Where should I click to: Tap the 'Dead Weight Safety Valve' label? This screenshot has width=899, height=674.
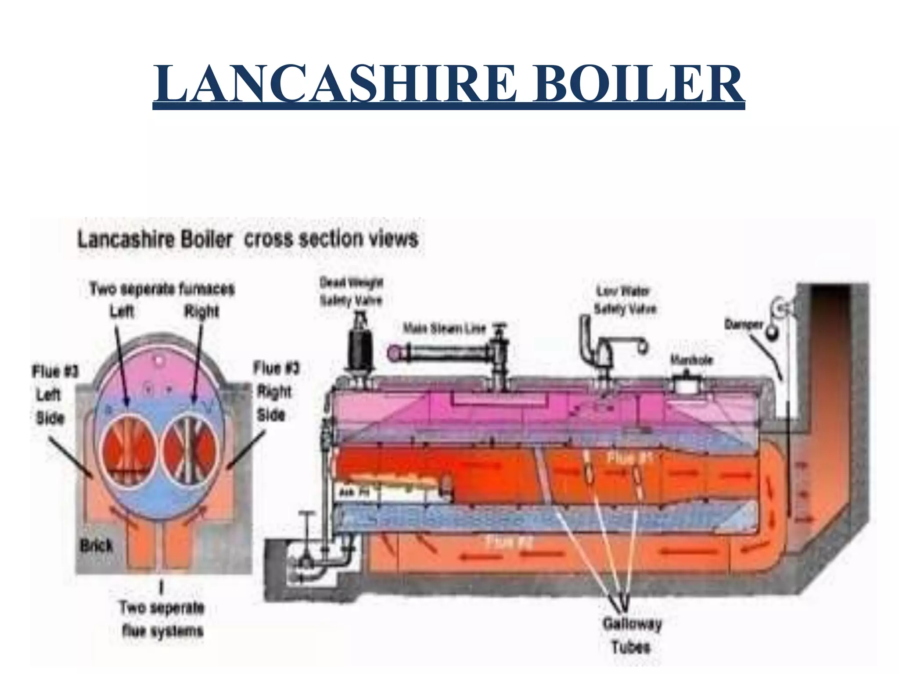point(351,291)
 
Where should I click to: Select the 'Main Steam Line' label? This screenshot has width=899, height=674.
point(445,329)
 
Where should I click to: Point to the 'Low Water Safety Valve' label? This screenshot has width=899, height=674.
point(625,300)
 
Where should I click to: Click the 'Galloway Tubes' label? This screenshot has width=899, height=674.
point(632,635)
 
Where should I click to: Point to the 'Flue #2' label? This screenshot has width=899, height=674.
point(509,543)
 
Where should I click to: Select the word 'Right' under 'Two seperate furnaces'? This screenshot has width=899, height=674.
point(201,312)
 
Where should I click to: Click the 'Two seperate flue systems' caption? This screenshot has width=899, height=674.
point(162,619)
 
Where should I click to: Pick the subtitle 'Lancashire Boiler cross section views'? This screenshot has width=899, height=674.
point(248,240)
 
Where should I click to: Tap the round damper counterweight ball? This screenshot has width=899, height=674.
point(771,333)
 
